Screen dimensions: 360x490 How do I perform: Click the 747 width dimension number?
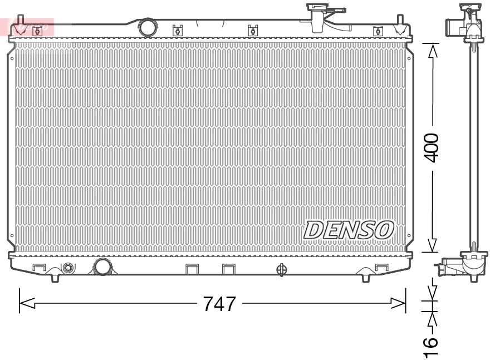[219, 304]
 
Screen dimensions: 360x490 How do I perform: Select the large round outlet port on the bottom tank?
[103, 267]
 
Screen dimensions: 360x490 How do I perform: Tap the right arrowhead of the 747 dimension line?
[399, 303]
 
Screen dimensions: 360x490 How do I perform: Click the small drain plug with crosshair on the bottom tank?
[281, 270]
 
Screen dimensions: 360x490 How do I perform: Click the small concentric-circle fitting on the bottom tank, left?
[68, 268]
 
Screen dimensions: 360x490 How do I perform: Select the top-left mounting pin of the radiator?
[21, 26]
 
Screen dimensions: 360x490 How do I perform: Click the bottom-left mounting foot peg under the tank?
[55, 277]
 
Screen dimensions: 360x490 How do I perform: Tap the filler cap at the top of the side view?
[469, 10]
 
